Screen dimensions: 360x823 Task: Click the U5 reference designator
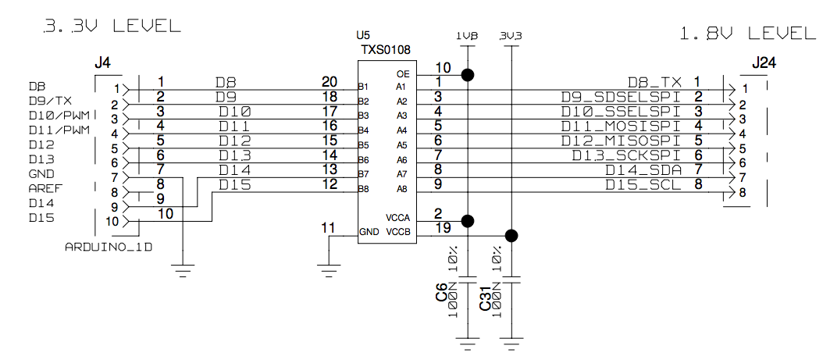coord(363,36)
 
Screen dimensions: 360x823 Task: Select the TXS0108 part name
coord(385,50)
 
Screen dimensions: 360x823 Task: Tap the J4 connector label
coord(102,62)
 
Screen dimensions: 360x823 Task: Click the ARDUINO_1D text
coord(108,247)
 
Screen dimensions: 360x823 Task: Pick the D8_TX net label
coord(654,82)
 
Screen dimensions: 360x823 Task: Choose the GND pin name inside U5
coord(369,232)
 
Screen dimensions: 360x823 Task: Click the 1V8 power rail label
coord(466,36)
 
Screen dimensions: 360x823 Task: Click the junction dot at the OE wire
coord(467,75)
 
